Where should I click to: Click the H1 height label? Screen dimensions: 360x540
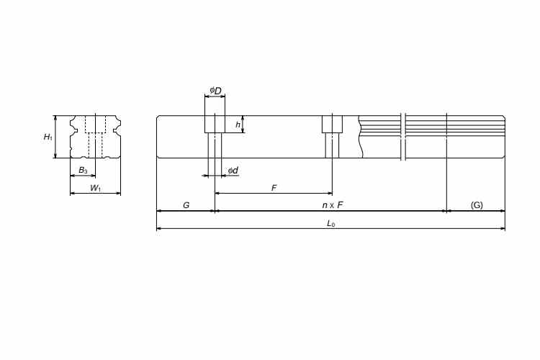pyautogui.click(x=48, y=137)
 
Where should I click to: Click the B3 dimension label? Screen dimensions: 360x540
pyautogui.click(x=84, y=171)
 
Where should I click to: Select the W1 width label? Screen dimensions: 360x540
pyautogui.click(x=95, y=188)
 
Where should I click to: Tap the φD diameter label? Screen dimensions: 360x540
pyautogui.click(x=215, y=91)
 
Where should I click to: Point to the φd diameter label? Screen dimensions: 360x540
pyautogui.click(x=233, y=170)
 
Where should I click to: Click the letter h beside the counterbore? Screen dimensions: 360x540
pyautogui.click(x=238, y=125)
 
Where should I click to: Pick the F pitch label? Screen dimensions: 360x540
pyautogui.click(x=274, y=188)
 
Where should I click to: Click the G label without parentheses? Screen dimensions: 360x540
pyautogui.click(x=186, y=206)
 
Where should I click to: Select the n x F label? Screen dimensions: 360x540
pyautogui.click(x=332, y=206)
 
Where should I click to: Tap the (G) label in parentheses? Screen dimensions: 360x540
pyautogui.click(x=477, y=206)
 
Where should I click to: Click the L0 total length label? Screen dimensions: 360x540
pyautogui.click(x=330, y=224)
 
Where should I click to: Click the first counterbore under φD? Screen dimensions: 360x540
pyautogui.click(x=215, y=124)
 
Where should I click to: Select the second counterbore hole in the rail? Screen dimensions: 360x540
pyautogui.click(x=331, y=124)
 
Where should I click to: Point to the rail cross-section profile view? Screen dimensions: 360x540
pyautogui.click(x=95, y=136)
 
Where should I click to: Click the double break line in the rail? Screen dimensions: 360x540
pyautogui.click(x=404, y=136)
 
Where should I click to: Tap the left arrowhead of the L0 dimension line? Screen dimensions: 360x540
pyautogui.click(x=159, y=230)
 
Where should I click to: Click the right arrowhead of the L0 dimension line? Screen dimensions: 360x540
pyautogui.click(x=503, y=230)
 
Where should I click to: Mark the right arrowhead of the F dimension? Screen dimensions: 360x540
pyautogui.click(x=328, y=193)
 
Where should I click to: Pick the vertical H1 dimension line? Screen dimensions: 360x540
pyautogui.click(x=55, y=136)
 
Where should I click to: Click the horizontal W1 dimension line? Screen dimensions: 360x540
pyautogui.click(x=95, y=193)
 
